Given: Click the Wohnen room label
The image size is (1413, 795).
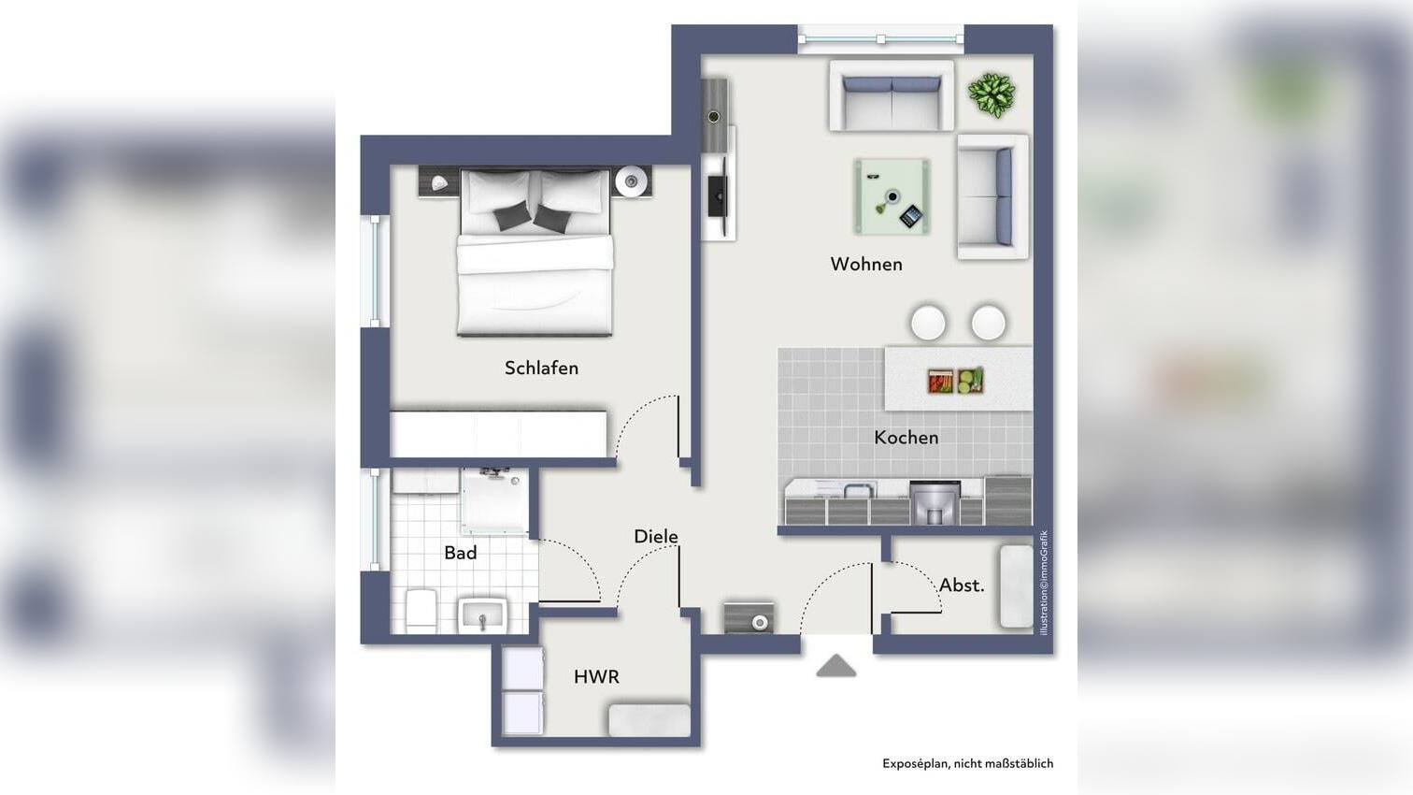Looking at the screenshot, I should tap(866, 265).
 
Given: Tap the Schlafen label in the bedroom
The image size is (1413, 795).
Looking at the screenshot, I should tap(541, 369).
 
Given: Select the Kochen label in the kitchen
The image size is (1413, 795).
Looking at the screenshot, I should tap(906, 438).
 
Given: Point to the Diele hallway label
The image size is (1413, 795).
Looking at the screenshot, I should tap(655, 537).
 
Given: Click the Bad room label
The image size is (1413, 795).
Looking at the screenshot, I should tap(460, 554).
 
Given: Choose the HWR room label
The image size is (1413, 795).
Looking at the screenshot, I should tap(596, 677).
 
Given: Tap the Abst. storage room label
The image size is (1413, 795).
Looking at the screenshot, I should tap(962, 585).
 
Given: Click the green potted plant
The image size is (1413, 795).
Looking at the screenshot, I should tap(992, 94).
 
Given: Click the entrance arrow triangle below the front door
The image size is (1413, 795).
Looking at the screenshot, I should tap(836, 666).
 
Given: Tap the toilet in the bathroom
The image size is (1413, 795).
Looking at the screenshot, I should tap(421, 611).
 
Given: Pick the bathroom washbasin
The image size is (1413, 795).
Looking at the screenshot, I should tap(481, 615).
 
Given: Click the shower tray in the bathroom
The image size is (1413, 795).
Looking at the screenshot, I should tap(494, 500).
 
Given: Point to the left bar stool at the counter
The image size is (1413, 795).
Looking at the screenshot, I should tap(928, 323).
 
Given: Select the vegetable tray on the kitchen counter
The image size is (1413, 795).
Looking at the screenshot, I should tap(955, 381).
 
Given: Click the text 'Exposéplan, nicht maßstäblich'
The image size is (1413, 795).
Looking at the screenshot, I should tap(967, 764).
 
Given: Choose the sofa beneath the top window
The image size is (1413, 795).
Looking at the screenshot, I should tap(891, 96).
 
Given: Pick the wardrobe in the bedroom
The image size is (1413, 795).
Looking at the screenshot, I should tap(498, 434).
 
